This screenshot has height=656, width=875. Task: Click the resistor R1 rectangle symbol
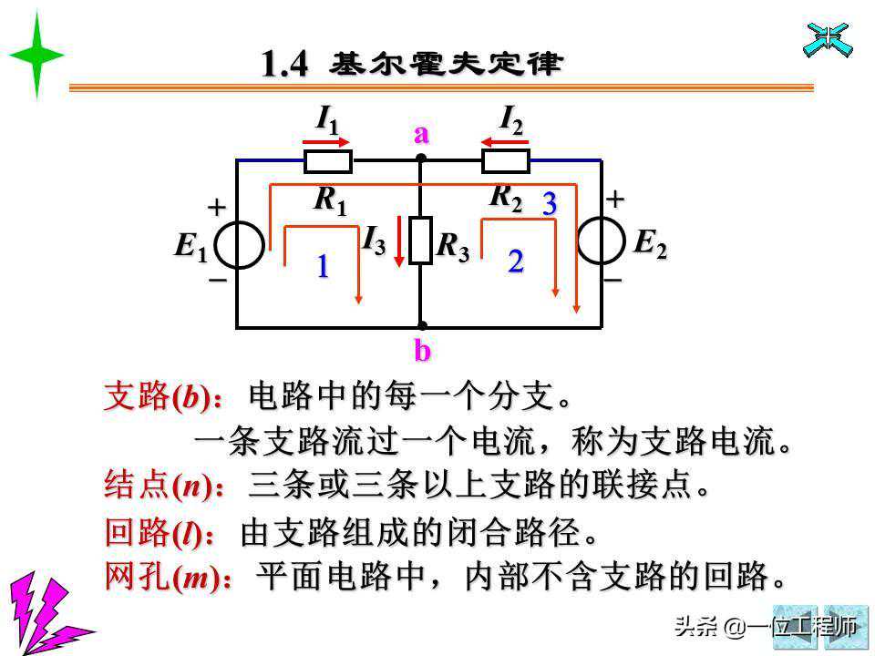click(x=327, y=162)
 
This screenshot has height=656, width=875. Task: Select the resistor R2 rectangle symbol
click(x=505, y=162)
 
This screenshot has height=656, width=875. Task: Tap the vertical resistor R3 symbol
click(x=420, y=241)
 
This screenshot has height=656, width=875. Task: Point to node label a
click(x=421, y=135)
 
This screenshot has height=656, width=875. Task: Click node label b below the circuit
click(x=422, y=350)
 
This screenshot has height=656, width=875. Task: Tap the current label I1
click(x=326, y=118)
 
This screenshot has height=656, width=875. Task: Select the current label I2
click(x=511, y=118)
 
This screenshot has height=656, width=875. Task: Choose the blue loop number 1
click(x=322, y=267)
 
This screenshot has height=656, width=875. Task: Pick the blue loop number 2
click(x=516, y=262)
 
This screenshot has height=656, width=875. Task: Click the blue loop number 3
click(x=549, y=204)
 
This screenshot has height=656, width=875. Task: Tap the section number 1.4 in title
click(x=284, y=64)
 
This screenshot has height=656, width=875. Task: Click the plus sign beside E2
click(x=615, y=199)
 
